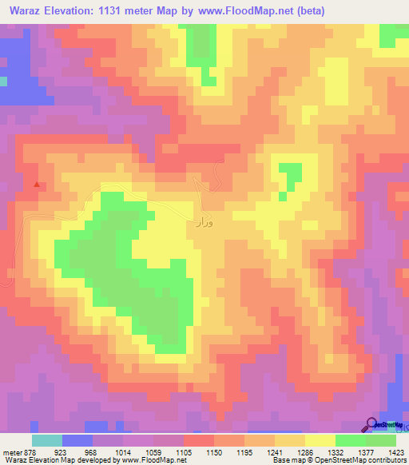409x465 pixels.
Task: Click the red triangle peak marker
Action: pyautogui.click(x=36, y=185)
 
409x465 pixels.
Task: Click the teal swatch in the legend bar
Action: pyautogui.click(x=47, y=440)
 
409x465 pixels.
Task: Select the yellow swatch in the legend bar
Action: pyautogui.click(x=320, y=440)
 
